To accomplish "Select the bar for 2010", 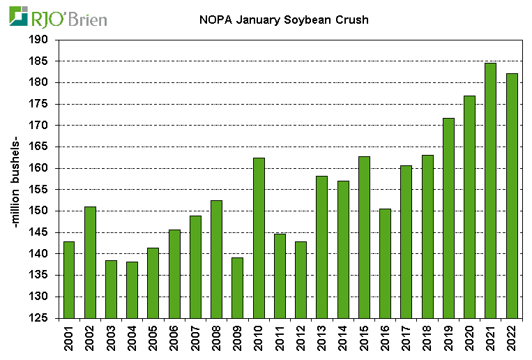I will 259,238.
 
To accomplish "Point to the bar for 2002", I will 90,262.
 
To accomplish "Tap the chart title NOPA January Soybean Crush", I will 280,20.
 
